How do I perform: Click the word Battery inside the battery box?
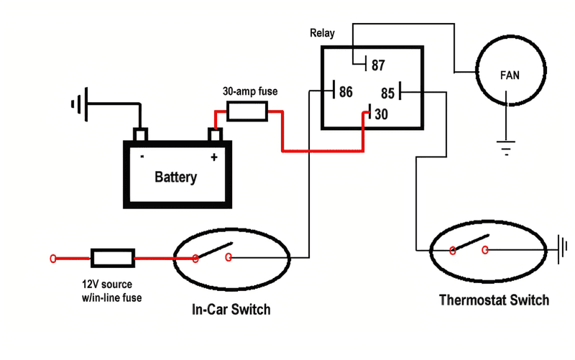pos(175,177)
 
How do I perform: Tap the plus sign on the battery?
pos(213,157)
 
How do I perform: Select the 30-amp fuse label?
pos(247,92)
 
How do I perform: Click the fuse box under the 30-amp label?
pos(247,111)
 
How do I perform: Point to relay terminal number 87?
pos(378,65)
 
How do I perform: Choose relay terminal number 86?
pos(346,92)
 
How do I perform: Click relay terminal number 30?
pos(381,115)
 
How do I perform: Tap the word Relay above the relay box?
pos(322,33)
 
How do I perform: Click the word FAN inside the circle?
pos(510,74)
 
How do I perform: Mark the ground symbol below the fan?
pos(507,149)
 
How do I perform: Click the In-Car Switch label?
pos(231,310)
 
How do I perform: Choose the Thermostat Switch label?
pos(494,300)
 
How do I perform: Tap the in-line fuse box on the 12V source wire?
pos(112,257)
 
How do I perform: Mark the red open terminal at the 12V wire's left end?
pos(52,257)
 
